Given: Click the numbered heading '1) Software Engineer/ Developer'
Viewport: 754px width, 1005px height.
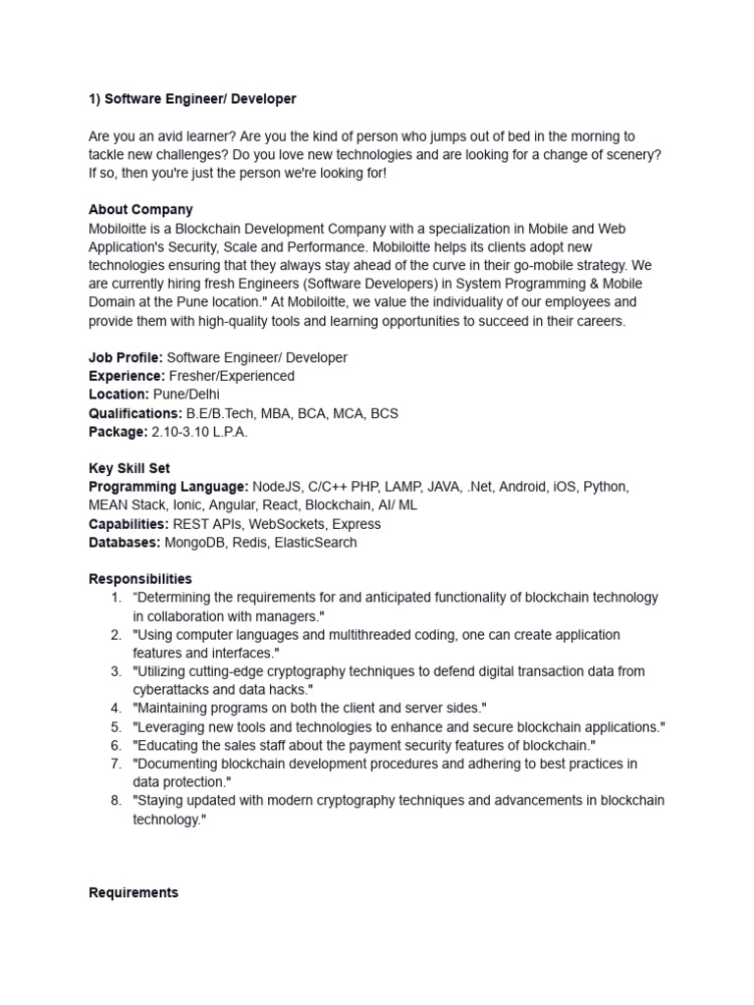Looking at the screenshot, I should point(192,99).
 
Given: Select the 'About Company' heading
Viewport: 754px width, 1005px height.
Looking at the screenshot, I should point(140,209).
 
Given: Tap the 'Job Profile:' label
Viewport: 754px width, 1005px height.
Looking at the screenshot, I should point(126,357).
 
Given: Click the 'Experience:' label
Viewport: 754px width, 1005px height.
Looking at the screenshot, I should point(126,376).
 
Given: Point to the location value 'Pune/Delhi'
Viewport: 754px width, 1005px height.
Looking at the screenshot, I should point(185,395).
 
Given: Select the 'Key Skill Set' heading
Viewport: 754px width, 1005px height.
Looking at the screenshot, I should point(129,468).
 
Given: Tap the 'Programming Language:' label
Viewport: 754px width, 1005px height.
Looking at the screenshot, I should point(168,487).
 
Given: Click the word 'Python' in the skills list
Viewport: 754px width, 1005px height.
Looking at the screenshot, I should point(605,487).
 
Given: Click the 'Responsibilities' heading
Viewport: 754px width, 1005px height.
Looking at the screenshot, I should point(140,579).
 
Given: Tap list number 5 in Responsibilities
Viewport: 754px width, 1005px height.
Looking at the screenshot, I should point(115,727).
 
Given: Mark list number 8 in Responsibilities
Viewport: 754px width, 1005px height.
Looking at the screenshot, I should point(115,801).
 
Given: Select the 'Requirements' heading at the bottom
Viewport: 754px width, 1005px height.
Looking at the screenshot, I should point(134,893).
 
